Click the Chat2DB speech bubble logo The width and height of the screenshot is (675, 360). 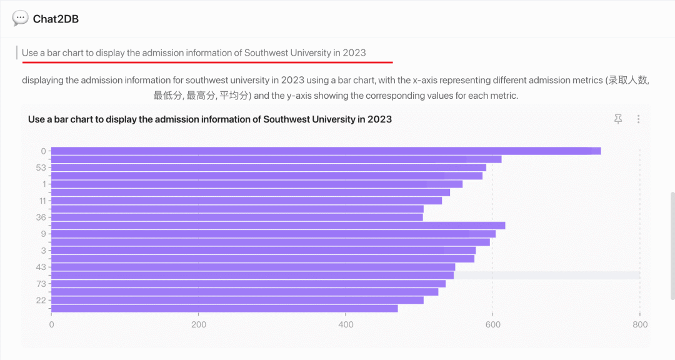tap(20, 18)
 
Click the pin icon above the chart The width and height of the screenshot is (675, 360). tap(618, 119)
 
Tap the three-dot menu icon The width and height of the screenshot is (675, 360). tap(638, 119)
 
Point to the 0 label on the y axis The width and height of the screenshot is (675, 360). tap(44, 151)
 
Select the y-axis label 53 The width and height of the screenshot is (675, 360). tap(41, 167)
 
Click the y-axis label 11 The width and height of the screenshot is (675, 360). tap(42, 201)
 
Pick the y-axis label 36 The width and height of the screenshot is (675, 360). tap(41, 217)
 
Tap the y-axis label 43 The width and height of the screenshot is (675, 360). tap(41, 267)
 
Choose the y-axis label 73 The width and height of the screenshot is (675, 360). tap(41, 284)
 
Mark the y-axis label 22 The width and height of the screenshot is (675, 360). tap(41, 301)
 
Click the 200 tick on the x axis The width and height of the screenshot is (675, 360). tap(199, 324)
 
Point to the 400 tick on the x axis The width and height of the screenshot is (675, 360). tap(346, 324)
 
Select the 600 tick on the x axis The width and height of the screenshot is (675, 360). tap(493, 324)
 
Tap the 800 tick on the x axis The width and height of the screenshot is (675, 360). tap(639, 324)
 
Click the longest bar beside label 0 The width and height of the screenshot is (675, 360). tap(325, 151)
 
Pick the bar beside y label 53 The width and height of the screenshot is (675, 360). tap(269, 167)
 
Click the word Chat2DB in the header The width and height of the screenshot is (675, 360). tap(56, 19)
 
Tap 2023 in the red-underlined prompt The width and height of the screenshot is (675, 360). tap(354, 52)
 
